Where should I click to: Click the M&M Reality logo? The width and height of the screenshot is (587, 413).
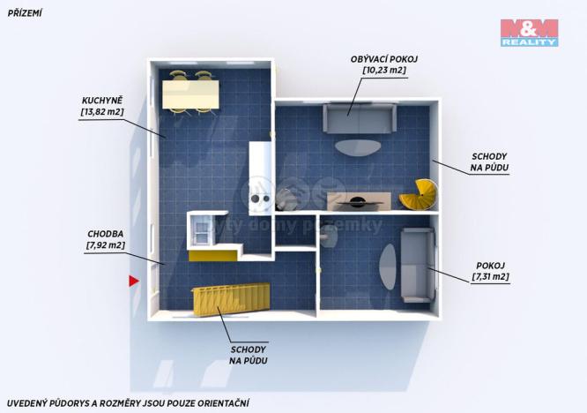(x=529, y=33)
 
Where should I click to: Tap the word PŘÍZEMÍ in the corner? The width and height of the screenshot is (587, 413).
(x=25, y=12)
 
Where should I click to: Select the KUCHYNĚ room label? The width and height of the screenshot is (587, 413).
(x=101, y=101)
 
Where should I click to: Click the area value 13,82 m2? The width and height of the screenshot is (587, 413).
(x=101, y=113)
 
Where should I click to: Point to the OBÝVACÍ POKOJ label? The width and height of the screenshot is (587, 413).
(x=383, y=58)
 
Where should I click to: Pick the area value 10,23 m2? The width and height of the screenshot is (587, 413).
(x=383, y=70)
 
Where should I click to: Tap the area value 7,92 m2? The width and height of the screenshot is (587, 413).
(x=105, y=245)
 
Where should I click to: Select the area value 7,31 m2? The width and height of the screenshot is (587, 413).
(x=490, y=277)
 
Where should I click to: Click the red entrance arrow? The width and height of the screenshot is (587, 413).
(x=134, y=282)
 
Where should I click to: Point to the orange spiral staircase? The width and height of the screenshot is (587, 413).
(x=420, y=194)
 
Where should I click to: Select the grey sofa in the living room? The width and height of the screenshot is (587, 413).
(x=360, y=118)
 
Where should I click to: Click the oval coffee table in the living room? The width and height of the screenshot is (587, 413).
(x=357, y=146)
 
